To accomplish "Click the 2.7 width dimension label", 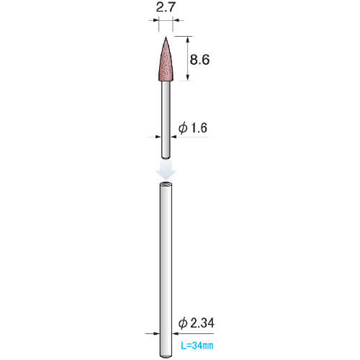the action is [165, 7].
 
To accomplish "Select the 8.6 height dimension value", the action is [199, 59].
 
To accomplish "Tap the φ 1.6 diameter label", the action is [193, 127].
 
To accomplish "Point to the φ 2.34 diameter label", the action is [197, 323].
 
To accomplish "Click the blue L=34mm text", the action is [197, 346].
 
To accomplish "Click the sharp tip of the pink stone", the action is [166, 37].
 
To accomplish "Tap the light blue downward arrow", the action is [166, 170].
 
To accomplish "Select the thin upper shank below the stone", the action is [166, 120].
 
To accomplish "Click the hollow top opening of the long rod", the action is [166, 184].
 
